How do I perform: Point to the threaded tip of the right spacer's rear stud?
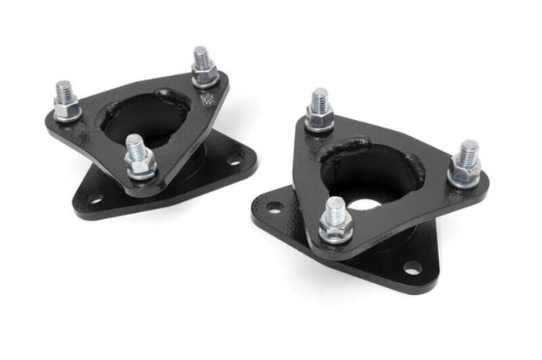tap(320, 98)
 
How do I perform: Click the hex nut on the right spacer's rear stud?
tap(319, 117)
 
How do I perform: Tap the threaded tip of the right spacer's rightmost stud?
tap(468, 150)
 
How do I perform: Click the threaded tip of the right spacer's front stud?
tap(336, 207)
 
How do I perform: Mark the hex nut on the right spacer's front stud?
tap(337, 227)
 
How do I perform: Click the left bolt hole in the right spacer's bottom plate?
tap(273, 207)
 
